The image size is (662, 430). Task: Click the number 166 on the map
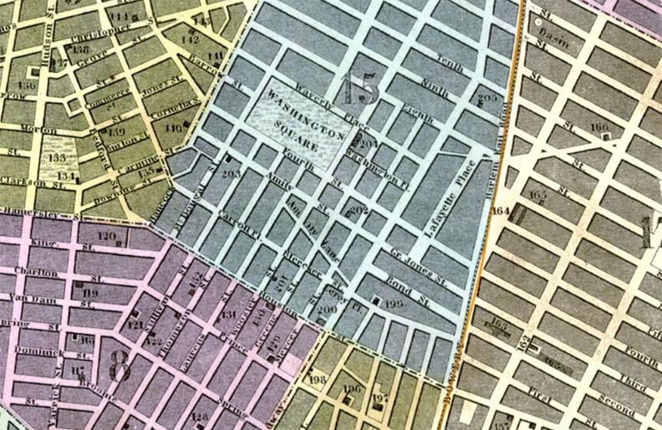coord(598,127)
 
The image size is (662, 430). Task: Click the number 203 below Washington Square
coord(232,173)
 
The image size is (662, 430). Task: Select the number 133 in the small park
coord(58,158)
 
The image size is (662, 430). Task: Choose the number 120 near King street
coord(106,237)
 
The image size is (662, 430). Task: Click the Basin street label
coord(549,38)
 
